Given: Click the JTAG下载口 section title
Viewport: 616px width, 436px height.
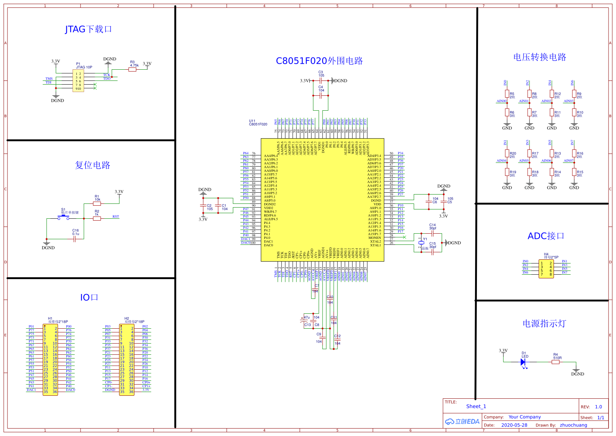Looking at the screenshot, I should [x=88, y=29].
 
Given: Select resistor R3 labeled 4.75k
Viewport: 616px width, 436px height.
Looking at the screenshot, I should [x=132, y=69].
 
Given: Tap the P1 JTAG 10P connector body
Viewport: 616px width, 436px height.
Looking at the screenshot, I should [x=78, y=81].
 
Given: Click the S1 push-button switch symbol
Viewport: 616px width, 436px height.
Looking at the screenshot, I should [x=63, y=218].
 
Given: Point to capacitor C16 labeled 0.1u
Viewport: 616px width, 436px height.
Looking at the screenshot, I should [x=75, y=239].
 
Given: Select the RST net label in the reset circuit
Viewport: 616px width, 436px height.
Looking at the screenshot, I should [x=116, y=217].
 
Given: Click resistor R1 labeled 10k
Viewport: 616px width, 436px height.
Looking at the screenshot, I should [x=97, y=204].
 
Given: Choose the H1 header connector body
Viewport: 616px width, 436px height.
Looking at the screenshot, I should [x=50, y=360].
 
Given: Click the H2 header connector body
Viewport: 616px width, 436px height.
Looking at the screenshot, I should [x=127, y=360].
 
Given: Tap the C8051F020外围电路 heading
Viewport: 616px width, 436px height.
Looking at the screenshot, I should [x=319, y=61].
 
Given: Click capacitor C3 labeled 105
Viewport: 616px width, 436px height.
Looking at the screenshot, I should [x=321, y=80].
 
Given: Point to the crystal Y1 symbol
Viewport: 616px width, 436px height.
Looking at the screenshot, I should [x=421, y=243].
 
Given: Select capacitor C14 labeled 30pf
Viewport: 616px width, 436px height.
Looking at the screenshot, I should [x=433, y=233].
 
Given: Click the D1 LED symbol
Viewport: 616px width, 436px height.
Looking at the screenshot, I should [x=523, y=362].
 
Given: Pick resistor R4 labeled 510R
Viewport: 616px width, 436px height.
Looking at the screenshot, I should [x=556, y=362].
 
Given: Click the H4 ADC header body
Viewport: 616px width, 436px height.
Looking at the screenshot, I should [x=546, y=269].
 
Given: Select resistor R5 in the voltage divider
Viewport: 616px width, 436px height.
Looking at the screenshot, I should [x=507, y=94].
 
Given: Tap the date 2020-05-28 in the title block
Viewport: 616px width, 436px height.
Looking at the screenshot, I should [x=514, y=425].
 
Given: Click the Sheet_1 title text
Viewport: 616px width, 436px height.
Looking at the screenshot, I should [x=476, y=407].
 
